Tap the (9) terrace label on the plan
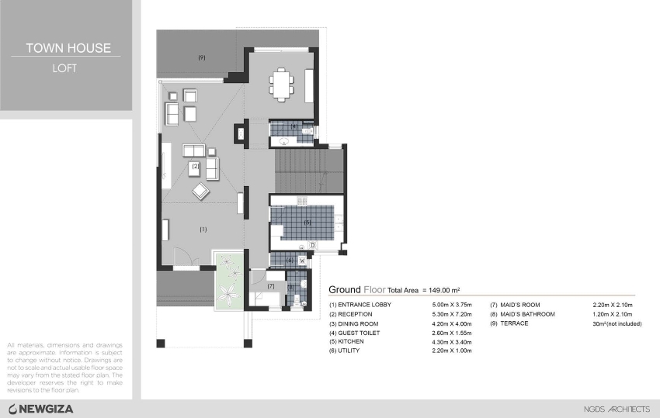pyautogui.click(x=202, y=57)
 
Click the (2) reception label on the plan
pyautogui.click(x=196, y=165)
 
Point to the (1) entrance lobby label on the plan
pyautogui.click(x=203, y=229)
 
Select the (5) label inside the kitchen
pyautogui.click(x=307, y=223)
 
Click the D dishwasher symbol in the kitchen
pyautogui.click(x=311, y=246)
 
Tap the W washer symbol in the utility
pyautogui.click(x=301, y=261)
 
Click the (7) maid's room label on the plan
pyautogui.click(x=271, y=286)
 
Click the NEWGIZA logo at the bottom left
pyautogui.click(x=40, y=409)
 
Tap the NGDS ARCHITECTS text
pyautogui.click(x=617, y=409)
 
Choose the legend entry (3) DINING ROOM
pyautogui.click(x=353, y=323)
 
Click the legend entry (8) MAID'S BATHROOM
pyautogui.click(x=523, y=314)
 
